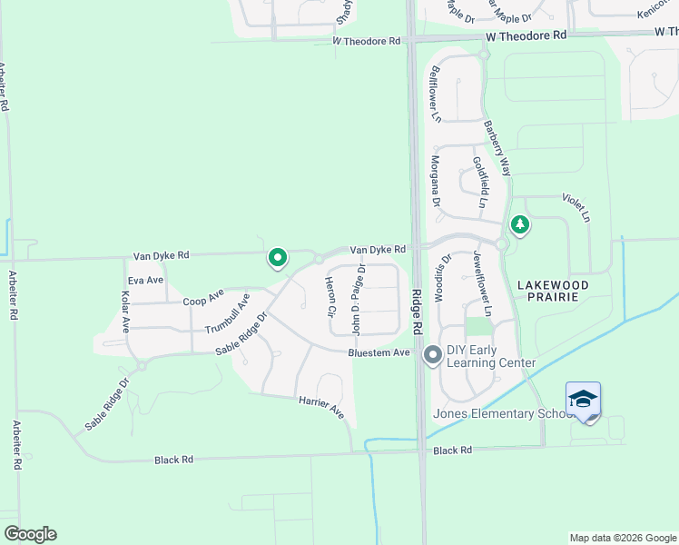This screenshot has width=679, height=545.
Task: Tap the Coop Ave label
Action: tap(202, 298)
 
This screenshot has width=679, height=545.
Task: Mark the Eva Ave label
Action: tap(145, 280)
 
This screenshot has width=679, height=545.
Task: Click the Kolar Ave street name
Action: tap(125, 311)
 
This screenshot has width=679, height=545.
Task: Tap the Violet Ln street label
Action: tap(576, 207)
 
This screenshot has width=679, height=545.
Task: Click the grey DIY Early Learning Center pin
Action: tap(433, 356)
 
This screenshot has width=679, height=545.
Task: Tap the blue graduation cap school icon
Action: tap(583, 400)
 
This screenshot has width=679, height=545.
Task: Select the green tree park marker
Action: tap(519, 223)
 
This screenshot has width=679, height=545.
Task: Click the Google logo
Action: tap(30, 534)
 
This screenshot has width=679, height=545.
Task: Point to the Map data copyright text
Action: tap(622, 538)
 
